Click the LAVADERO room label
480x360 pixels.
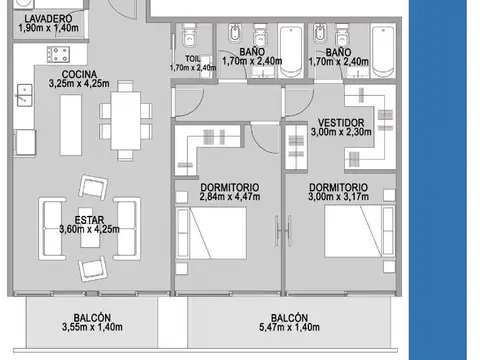(x=48, y=18)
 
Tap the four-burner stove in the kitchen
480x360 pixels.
(x=58, y=54)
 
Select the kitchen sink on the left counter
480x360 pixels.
(x=24, y=95)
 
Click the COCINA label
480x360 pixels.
(x=79, y=74)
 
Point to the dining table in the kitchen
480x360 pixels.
(x=126, y=121)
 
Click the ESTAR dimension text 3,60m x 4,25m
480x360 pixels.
(x=89, y=229)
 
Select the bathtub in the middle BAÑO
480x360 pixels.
(x=291, y=51)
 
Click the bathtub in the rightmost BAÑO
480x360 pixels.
(x=383, y=51)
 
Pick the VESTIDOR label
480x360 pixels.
(x=341, y=122)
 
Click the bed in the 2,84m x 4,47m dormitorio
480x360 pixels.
(x=211, y=233)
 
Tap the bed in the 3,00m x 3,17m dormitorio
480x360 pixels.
(x=360, y=231)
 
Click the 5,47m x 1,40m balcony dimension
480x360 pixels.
(x=289, y=327)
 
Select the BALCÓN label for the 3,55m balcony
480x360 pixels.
(x=92, y=317)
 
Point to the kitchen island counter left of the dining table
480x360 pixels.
(x=71, y=125)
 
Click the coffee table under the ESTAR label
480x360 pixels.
(x=90, y=228)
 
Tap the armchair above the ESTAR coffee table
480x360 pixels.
(x=93, y=187)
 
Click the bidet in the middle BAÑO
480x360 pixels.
(x=235, y=33)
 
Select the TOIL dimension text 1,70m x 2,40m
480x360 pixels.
(x=193, y=68)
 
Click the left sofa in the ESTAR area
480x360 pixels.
(x=52, y=229)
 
